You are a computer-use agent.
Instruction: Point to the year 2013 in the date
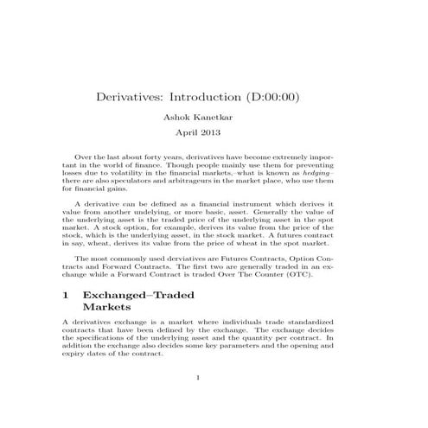(211, 133)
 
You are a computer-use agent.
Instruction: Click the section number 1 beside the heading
(68, 295)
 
